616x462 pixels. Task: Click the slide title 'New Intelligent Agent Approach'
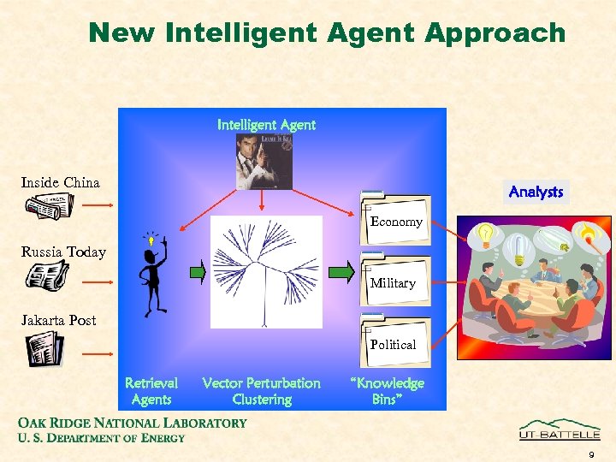[x=327, y=33]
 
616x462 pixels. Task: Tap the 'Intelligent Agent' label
[x=266, y=125]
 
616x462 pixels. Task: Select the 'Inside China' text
[x=60, y=182]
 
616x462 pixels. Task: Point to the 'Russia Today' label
[x=63, y=252]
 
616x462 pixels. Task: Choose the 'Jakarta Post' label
[x=58, y=320]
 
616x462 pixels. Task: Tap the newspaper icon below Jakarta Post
[x=44, y=349]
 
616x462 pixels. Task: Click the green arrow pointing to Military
[x=341, y=272]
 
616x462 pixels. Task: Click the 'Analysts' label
[x=536, y=192]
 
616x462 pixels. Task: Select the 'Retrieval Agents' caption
[x=151, y=391]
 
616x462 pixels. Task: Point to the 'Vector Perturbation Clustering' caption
[x=261, y=391]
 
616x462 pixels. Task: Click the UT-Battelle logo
[x=560, y=429]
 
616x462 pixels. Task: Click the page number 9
[x=590, y=454]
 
